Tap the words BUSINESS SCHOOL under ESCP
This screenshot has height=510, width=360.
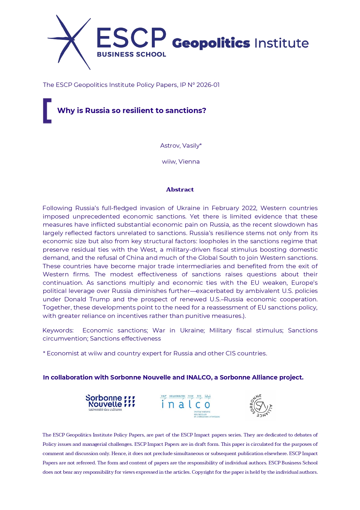(x=131, y=54)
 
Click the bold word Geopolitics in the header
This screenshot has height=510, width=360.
(x=211, y=43)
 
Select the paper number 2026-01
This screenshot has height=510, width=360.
(x=208, y=85)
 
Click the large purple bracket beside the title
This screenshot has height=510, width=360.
(x=47, y=111)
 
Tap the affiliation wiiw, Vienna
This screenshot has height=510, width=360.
(x=181, y=162)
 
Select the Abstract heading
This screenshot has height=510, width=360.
(x=180, y=189)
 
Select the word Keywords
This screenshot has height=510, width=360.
(x=58, y=330)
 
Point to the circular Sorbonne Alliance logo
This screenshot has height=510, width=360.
(x=261, y=406)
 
